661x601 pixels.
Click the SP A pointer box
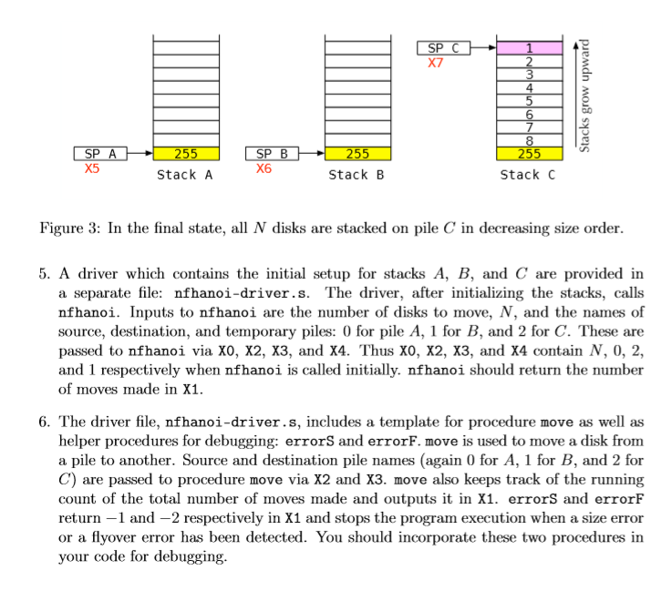[x=100, y=154]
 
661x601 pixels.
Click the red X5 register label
[x=91, y=168]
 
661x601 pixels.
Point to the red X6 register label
[x=263, y=168]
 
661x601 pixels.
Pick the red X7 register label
[x=436, y=64]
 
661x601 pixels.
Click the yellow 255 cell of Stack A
[x=185, y=154]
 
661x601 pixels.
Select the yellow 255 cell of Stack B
[x=357, y=154]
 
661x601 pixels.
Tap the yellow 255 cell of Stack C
[x=529, y=154]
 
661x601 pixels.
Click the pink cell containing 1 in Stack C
[x=529, y=48]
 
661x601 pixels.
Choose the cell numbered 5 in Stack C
[x=529, y=101]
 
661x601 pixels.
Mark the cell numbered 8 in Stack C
[x=529, y=140]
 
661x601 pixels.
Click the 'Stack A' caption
[x=184, y=175]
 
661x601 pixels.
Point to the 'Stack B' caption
[x=356, y=175]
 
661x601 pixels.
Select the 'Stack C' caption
[x=528, y=175]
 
